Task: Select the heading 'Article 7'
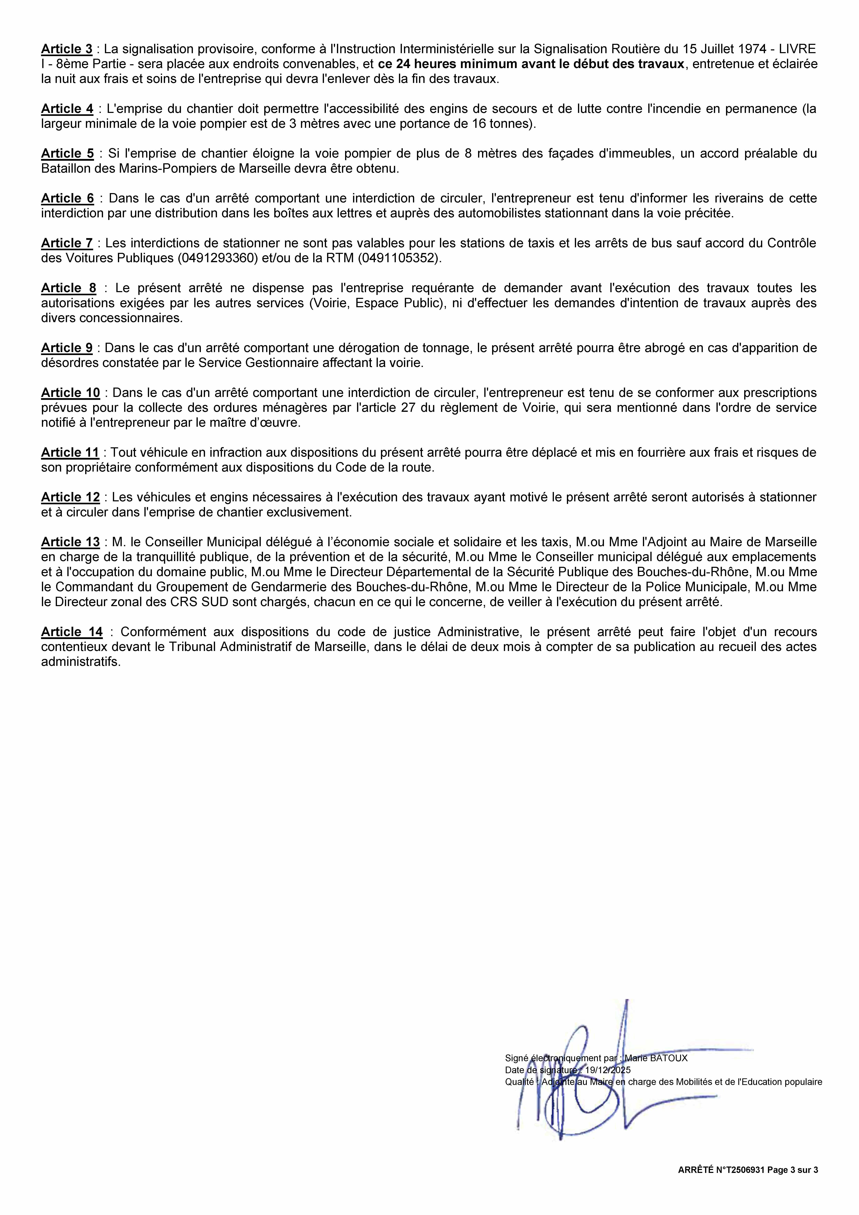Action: click(x=67, y=243)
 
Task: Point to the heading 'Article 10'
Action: click(x=70, y=393)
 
